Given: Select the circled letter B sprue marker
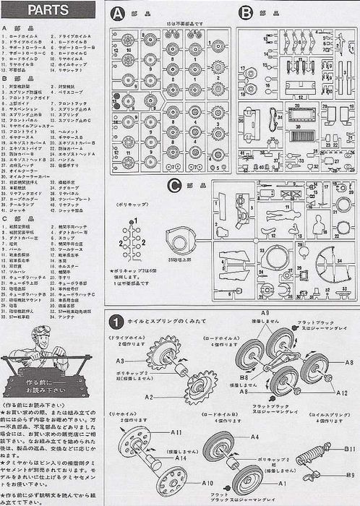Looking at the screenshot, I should [x=246, y=12].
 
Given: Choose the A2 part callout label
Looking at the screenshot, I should [x=148, y=397].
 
